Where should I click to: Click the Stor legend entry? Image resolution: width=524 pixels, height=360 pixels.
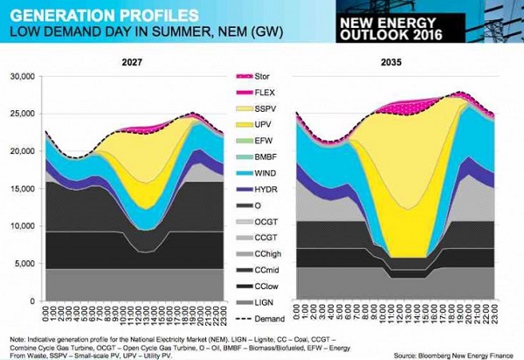click(x=259, y=77)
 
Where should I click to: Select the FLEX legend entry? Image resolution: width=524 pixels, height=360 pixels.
click(x=259, y=93)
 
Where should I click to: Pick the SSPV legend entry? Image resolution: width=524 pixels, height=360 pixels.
click(x=259, y=110)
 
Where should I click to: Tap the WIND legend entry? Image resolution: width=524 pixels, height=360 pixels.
click(x=259, y=173)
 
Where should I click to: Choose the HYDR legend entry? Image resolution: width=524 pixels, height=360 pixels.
click(x=259, y=189)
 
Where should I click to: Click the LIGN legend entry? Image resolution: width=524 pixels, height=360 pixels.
click(x=259, y=300)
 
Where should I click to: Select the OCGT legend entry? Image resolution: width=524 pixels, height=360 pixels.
click(x=259, y=220)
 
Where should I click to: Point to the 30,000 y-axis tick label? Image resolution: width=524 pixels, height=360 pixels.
click(x=19, y=77)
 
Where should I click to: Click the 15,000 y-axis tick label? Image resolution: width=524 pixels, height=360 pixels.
click(x=19, y=189)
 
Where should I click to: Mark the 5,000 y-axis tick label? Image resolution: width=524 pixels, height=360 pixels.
click(x=22, y=264)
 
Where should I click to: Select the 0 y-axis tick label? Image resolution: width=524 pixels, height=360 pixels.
click(x=31, y=301)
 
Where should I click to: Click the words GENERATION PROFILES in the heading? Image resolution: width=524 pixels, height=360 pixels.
click(x=87, y=15)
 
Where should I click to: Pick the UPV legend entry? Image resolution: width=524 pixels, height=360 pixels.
click(x=259, y=125)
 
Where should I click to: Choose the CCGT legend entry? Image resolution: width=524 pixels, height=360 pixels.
click(x=259, y=236)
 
